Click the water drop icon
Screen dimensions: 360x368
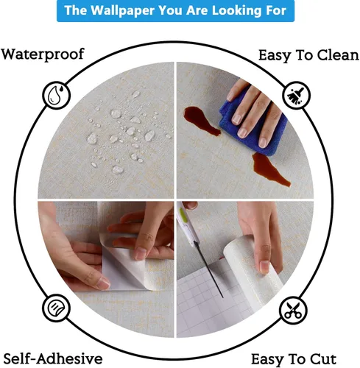tap(56, 95)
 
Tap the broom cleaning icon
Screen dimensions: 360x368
tap(296, 95)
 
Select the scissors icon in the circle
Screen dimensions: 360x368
tap(293, 311)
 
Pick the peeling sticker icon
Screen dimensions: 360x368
tap(56, 308)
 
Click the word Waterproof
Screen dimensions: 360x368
tap(43, 54)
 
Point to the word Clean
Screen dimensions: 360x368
tap(338, 55)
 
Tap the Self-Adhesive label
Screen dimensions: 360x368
tap(53, 358)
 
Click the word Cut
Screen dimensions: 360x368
tap(323, 359)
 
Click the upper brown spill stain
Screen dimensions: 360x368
tap(202, 121)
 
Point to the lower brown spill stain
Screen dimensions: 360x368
tap(269, 169)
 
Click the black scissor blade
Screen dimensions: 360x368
tap(209, 269)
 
